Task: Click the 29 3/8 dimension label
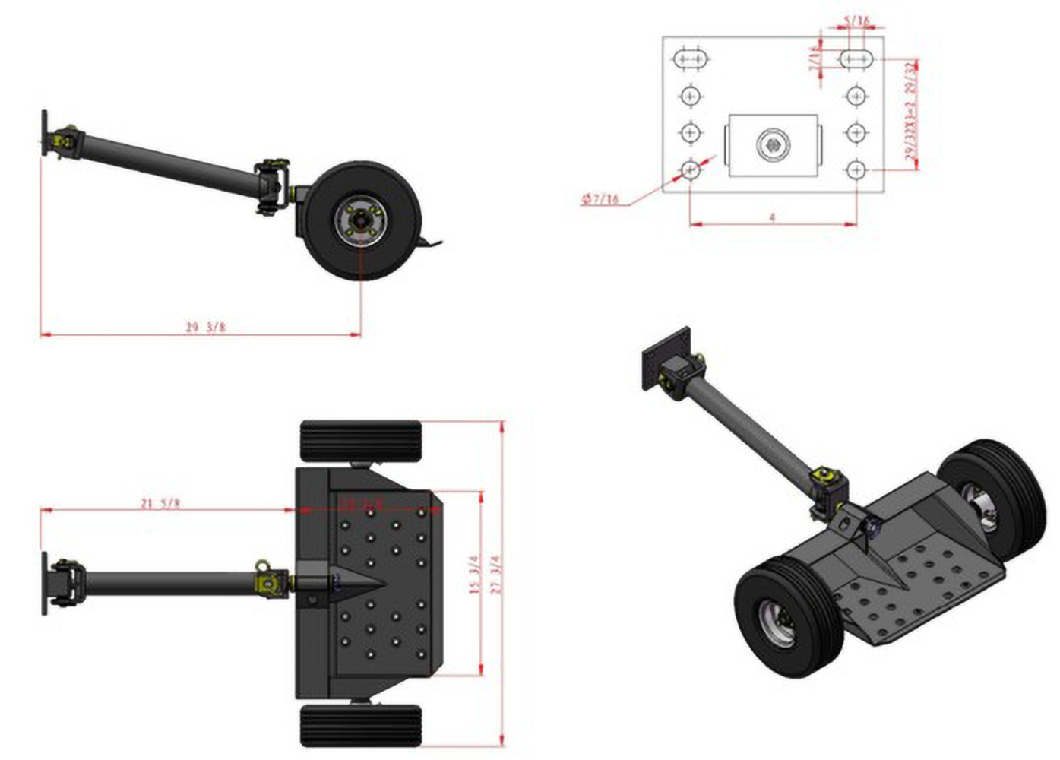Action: [205, 327]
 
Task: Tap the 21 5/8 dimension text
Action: [160, 503]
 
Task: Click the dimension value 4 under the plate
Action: [772, 217]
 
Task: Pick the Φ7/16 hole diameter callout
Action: [600, 200]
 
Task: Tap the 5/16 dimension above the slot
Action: [856, 21]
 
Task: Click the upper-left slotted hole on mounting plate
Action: [691, 59]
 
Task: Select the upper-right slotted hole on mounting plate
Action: [857, 59]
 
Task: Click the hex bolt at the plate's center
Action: [773, 144]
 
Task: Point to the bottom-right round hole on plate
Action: [856, 169]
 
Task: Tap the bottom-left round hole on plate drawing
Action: [690, 169]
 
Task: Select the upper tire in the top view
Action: [361, 441]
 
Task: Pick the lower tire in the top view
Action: [361, 726]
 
